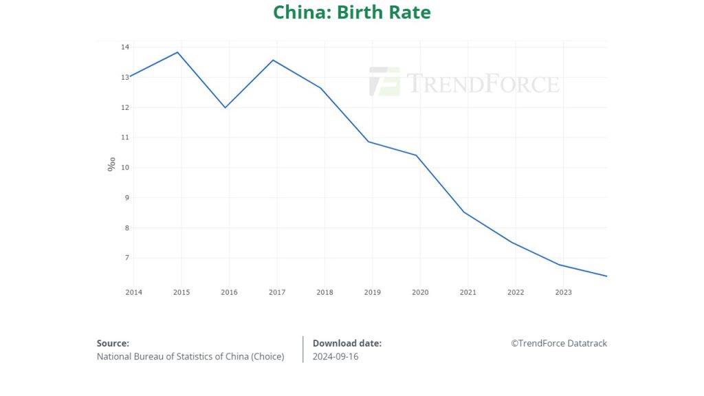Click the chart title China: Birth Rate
(x=351, y=12)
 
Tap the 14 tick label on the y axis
(x=125, y=47)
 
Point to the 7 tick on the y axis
(x=126, y=258)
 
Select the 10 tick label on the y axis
(x=125, y=168)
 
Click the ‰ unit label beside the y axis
(x=111, y=164)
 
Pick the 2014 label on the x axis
(x=133, y=292)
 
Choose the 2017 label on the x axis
(x=277, y=292)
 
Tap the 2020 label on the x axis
(x=420, y=292)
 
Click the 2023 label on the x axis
(x=563, y=292)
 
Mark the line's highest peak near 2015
(x=178, y=52)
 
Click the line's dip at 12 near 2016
(x=225, y=107)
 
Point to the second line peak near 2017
(x=273, y=60)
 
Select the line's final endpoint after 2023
(x=607, y=276)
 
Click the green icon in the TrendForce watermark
(x=384, y=81)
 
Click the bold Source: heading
(x=113, y=343)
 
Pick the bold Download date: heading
(x=346, y=343)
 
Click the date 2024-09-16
(x=335, y=356)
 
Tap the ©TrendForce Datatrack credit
(x=558, y=343)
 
